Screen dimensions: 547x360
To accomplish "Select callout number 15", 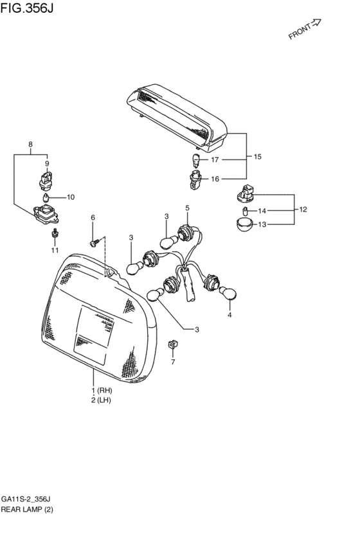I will point(258,157).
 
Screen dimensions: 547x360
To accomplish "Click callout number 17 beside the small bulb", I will point(215,159).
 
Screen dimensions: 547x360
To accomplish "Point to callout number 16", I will point(215,179).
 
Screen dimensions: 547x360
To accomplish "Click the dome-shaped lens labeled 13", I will point(243,226).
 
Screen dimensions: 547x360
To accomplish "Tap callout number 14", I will point(262,211).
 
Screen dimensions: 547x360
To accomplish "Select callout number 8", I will point(30,145).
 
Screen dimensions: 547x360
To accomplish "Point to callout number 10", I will point(71,197).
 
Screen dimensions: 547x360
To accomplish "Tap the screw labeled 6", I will point(95,242).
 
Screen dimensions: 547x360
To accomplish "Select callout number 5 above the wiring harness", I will point(188,208).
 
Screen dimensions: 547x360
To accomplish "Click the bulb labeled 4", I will point(226,294).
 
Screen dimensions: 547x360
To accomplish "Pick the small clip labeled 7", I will point(172,345).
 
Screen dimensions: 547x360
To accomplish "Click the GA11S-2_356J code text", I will point(26,499).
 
